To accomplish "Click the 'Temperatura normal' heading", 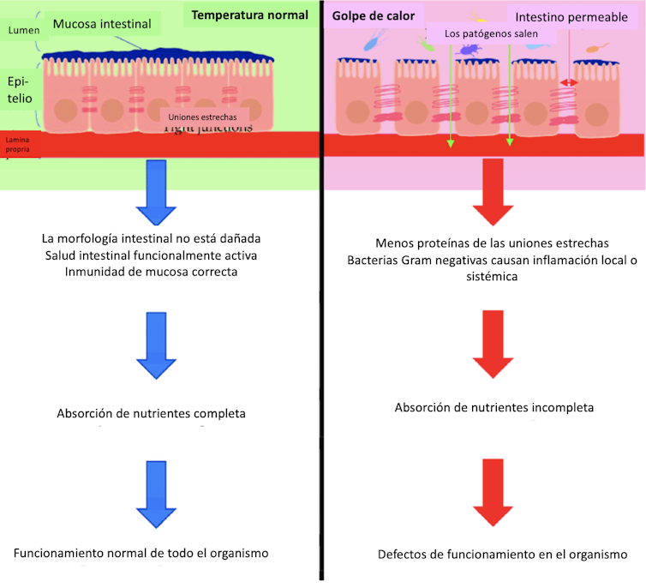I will [249, 15].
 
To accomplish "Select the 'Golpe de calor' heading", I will [373, 15].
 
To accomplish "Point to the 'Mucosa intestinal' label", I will [102, 24].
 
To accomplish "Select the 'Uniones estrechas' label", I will [203, 114].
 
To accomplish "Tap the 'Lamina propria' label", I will [17, 143].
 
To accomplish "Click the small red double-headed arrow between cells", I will [566, 82].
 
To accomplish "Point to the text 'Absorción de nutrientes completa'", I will [151, 413].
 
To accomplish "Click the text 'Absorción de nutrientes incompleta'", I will [493, 407].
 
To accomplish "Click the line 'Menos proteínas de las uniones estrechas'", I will [493, 243].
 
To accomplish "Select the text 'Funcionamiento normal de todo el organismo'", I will [141, 553].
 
